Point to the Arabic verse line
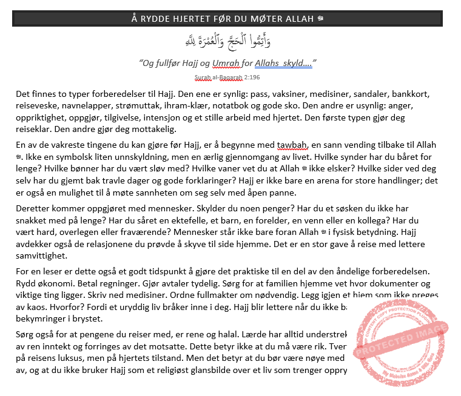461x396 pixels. [x=227, y=41]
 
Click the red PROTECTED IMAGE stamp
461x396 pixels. [x=400, y=343]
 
